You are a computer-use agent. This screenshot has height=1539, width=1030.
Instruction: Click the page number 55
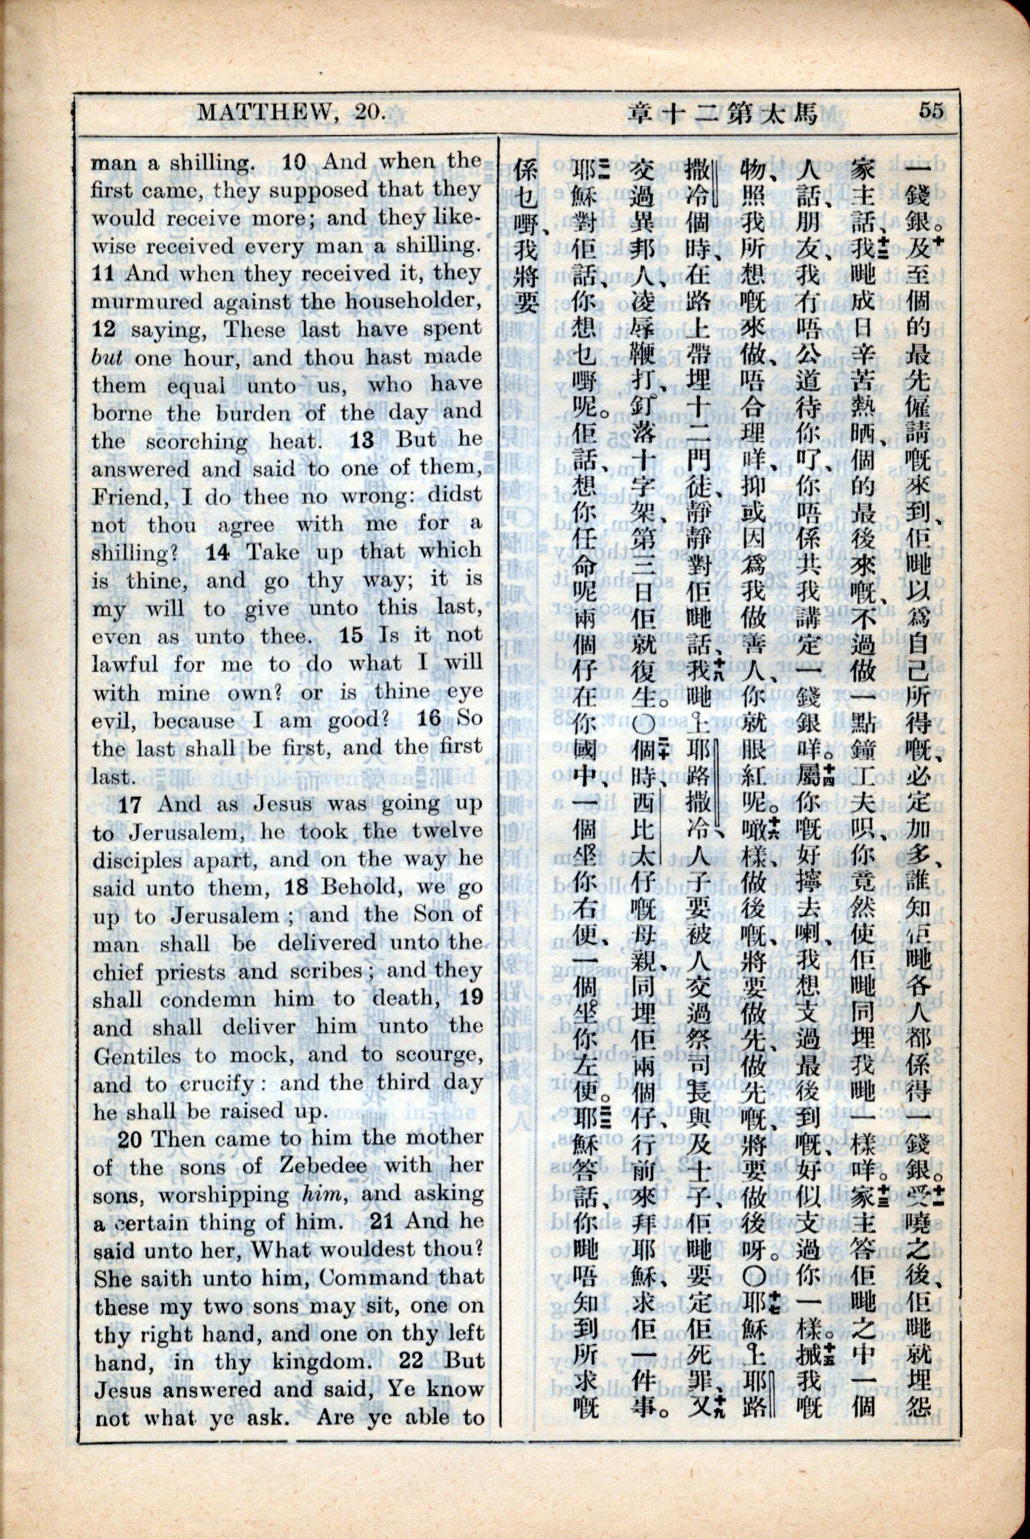click(932, 110)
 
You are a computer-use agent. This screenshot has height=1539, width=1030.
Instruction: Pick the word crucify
click(219, 1084)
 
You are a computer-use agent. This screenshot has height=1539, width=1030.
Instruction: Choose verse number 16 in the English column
click(429, 718)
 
